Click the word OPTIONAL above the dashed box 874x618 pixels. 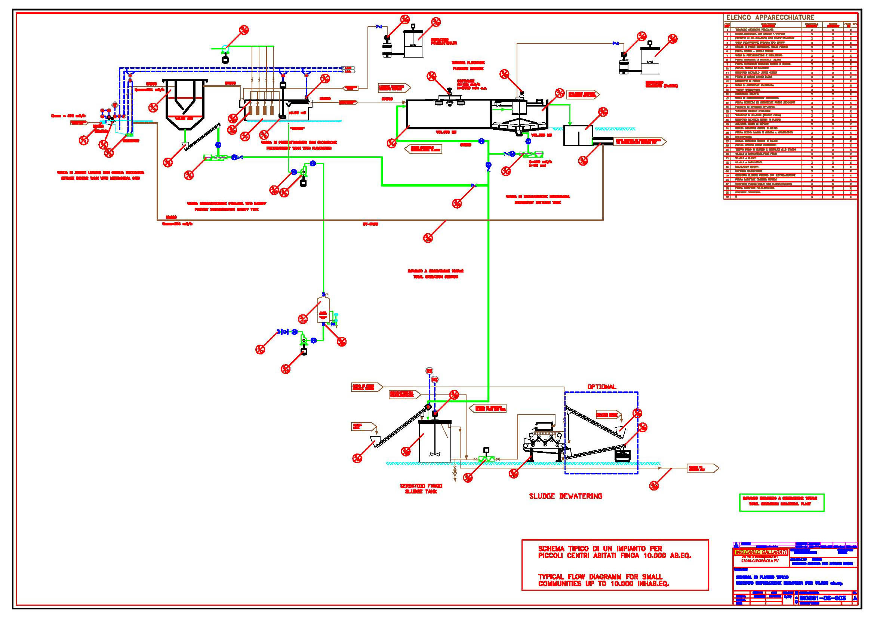[601, 387]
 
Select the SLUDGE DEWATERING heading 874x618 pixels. [566, 496]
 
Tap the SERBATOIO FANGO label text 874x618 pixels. [421, 486]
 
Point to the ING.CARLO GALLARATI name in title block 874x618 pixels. [761, 552]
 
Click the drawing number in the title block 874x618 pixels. [822, 598]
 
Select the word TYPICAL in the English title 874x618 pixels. [551, 577]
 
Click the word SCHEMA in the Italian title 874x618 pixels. [551, 549]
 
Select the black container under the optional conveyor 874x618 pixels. [622, 455]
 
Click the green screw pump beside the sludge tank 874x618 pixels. [486, 459]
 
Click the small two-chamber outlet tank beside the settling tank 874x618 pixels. [578, 136]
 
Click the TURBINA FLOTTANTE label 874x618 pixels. [468, 63]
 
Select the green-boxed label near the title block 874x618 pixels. [781, 502]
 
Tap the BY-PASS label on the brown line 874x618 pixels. [370, 224]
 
